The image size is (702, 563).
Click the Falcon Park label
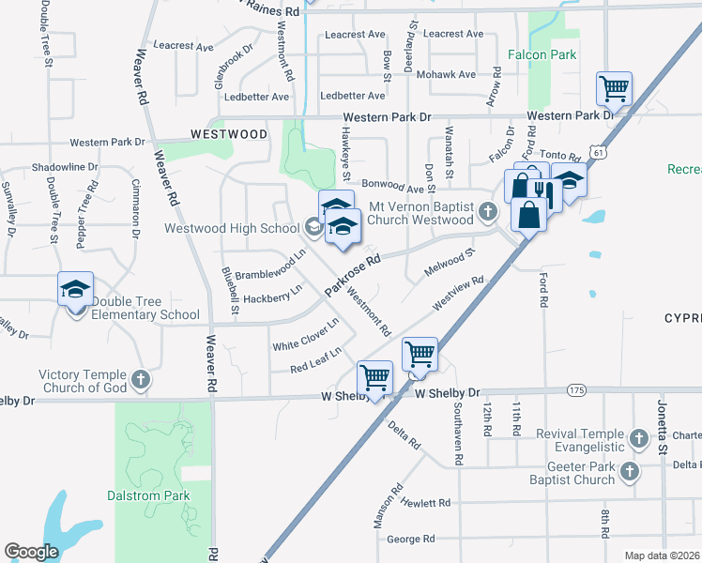542,55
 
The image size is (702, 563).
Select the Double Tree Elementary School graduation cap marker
76,290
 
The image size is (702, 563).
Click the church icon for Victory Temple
141,380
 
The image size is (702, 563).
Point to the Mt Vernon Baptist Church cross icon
487,212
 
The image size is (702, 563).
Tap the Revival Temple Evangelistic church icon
638,438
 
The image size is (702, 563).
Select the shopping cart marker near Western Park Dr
614,90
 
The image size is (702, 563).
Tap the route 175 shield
575,389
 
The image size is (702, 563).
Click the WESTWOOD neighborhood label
229,134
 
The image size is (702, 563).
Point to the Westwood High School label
232,228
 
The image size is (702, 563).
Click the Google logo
31,552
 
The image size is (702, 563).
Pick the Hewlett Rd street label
427,504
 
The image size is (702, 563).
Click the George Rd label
410,539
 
